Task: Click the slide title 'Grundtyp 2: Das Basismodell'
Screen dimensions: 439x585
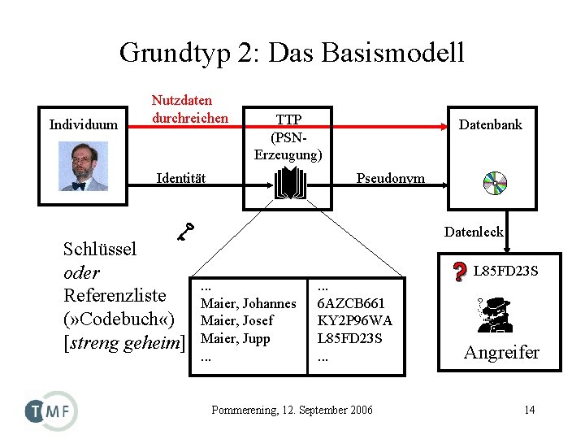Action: pos(292,52)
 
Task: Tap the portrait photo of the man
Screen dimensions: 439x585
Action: pos(83,167)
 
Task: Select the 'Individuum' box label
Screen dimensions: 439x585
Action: pos(83,124)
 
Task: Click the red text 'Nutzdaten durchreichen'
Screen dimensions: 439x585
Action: pos(190,109)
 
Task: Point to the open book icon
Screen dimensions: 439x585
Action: pos(289,185)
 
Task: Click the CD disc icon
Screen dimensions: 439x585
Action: pos(494,184)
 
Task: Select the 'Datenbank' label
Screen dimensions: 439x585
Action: pos(490,124)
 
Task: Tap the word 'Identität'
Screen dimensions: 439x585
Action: pos(180,178)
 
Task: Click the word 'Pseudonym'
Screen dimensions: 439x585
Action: pos(390,178)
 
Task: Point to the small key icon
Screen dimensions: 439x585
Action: pos(187,232)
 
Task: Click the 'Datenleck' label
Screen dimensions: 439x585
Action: pos(474,232)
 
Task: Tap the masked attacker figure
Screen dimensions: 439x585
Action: pos(496,315)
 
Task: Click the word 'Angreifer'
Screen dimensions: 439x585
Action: pos(501,352)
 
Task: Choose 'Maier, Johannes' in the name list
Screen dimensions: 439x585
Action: pos(248,303)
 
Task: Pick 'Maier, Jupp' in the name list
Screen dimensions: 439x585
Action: pos(235,338)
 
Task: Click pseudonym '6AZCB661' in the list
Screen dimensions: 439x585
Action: pos(350,303)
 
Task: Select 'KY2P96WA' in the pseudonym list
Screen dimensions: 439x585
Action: pos(354,320)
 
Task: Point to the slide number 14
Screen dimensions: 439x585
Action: pos(529,410)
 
